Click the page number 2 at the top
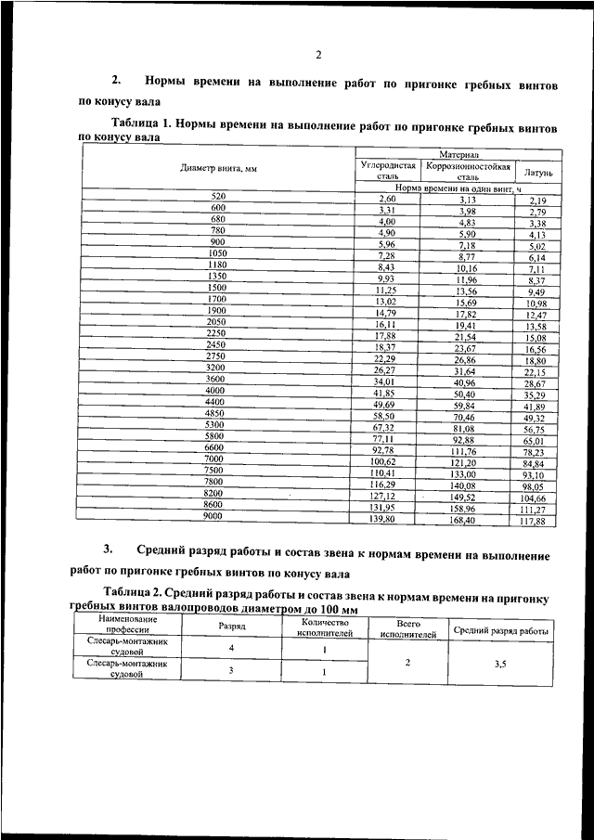(317, 54)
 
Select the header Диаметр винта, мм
(219, 169)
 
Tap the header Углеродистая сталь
(388, 169)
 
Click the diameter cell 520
(219, 198)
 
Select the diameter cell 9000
(214, 515)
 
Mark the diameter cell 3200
(216, 368)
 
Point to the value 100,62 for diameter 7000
(383, 461)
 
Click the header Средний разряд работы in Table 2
(499, 630)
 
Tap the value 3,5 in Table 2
(499, 664)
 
